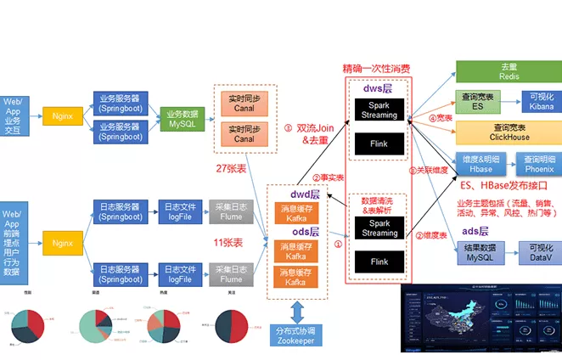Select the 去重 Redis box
pyautogui.click(x=509, y=71)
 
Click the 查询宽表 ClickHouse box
pyautogui.click(x=509, y=132)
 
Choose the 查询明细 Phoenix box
pyautogui.click(x=537, y=163)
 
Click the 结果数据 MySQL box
pyautogui.click(x=479, y=251)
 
